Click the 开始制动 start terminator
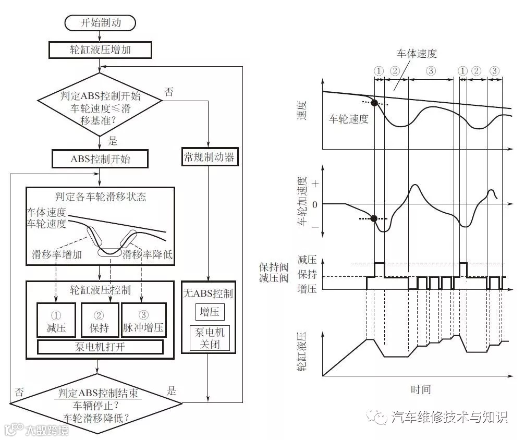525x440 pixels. (100, 22)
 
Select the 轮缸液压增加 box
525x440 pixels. (100, 50)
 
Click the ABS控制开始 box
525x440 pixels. (100, 159)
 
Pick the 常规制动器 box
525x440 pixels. (209, 156)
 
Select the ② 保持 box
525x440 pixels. (100, 320)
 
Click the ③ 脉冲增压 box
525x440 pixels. (143, 320)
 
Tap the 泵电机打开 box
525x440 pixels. (100, 347)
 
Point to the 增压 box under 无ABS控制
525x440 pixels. (209, 313)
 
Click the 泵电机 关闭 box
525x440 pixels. (209, 338)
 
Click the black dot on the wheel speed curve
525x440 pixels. (374, 103)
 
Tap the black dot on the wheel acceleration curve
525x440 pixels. (374, 218)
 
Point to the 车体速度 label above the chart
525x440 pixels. (417, 54)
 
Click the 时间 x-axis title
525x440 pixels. (420, 389)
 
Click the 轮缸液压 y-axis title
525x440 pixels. (301, 352)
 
